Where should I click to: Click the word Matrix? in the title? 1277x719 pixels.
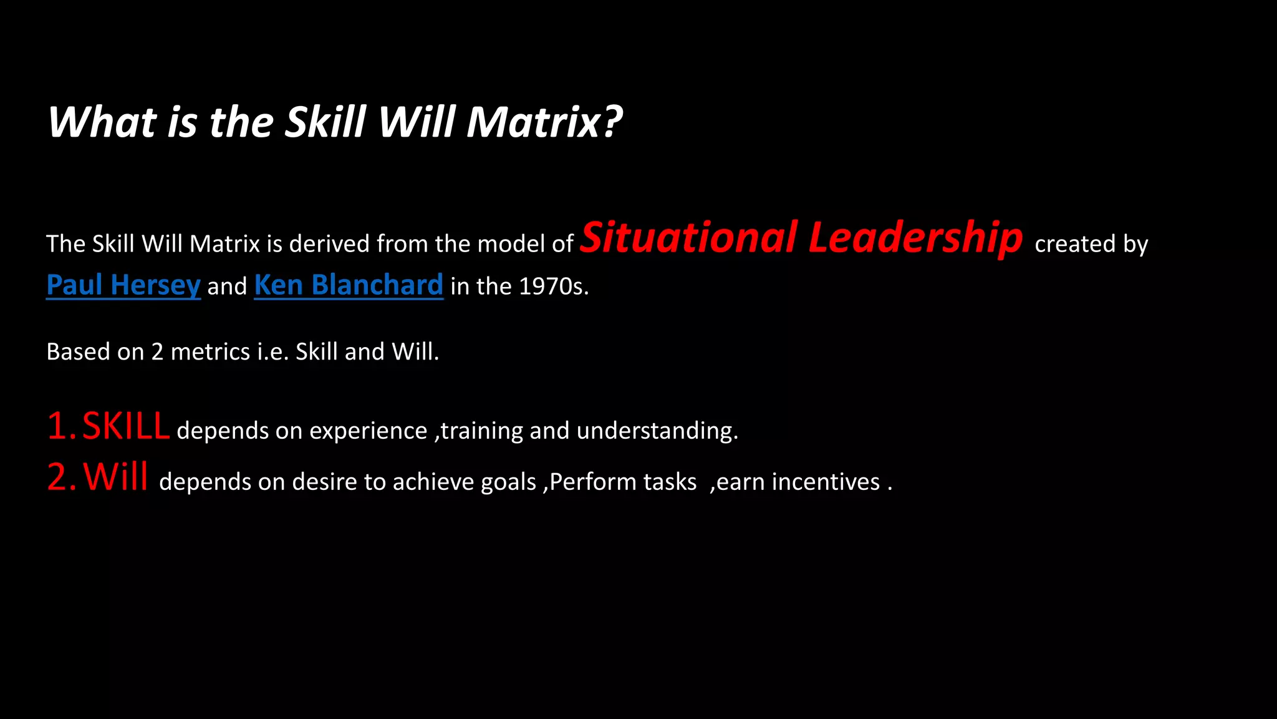(544, 122)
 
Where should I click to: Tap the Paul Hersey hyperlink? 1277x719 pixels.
(123, 285)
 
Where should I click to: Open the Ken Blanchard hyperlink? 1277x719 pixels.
(349, 285)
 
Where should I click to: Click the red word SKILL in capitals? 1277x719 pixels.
(126, 426)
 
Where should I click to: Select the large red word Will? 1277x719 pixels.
(116, 477)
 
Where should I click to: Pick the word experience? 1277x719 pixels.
(368, 431)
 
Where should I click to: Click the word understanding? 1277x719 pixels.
(657, 431)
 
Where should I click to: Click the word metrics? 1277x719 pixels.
(210, 352)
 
